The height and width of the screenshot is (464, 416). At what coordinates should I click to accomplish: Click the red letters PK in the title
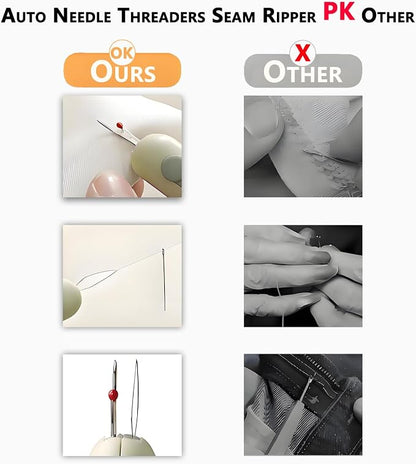[x=339, y=12]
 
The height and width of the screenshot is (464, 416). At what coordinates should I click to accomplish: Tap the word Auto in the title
[x=23, y=16]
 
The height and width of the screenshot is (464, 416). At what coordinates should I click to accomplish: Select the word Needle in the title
[x=82, y=16]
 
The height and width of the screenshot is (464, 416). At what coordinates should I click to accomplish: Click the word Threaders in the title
[x=162, y=16]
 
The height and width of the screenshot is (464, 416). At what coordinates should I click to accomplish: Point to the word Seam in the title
[x=233, y=16]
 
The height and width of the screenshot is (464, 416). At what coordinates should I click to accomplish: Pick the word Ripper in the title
[x=289, y=17]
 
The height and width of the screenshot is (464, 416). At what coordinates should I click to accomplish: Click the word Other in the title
[x=388, y=16]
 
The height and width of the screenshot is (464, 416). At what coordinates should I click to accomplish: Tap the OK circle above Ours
[x=122, y=52]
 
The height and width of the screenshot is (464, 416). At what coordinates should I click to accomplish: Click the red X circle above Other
[x=303, y=53]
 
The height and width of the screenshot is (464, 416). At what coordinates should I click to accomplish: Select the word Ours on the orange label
[x=123, y=72]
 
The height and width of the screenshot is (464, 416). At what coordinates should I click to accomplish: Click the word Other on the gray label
[x=303, y=72]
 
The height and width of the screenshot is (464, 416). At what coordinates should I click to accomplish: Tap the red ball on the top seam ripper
[x=119, y=126]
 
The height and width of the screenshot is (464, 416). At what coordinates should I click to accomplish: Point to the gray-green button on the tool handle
[x=172, y=168]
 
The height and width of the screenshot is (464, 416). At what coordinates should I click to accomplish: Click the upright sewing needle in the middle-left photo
[x=164, y=279]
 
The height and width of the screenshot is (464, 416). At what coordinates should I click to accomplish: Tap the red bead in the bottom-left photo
[x=113, y=395]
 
